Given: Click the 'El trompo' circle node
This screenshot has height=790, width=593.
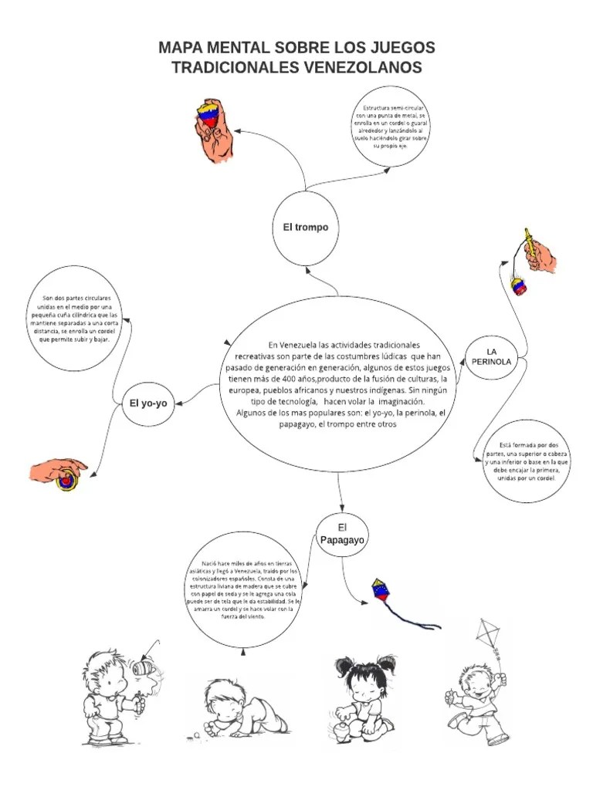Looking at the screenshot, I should [305, 227].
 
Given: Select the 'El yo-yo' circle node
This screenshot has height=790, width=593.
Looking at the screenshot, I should [148, 403].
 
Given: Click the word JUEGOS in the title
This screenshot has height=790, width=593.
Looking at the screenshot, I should [394, 48].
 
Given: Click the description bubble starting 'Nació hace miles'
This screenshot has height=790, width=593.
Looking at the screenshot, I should [242, 591].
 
